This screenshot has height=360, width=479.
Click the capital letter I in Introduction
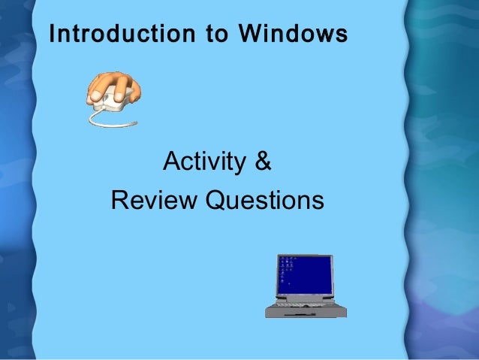pos(51,35)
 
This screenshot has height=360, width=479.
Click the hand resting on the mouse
pos(113,86)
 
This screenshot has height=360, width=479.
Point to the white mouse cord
pos(101,117)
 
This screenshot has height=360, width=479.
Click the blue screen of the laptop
pos(308,274)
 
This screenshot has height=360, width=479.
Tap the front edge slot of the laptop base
pos(300,314)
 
